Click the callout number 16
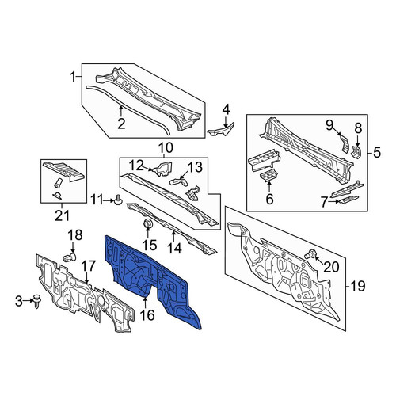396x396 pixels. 147,314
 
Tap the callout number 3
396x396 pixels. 19,301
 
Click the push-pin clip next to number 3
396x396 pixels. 36,302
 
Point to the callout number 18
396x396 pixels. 75,235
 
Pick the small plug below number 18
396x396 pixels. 70,257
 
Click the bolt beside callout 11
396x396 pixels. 119,200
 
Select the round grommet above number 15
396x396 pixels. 148,223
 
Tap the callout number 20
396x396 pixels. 331,267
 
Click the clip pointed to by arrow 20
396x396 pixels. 309,253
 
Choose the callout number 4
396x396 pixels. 226,110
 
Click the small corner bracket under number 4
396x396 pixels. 221,130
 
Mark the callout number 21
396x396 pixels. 63,215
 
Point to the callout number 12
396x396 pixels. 136,166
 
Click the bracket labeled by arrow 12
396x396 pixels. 163,168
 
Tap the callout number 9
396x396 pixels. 329,125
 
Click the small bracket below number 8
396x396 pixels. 356,153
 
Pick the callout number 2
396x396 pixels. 121,124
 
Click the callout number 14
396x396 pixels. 174,248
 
